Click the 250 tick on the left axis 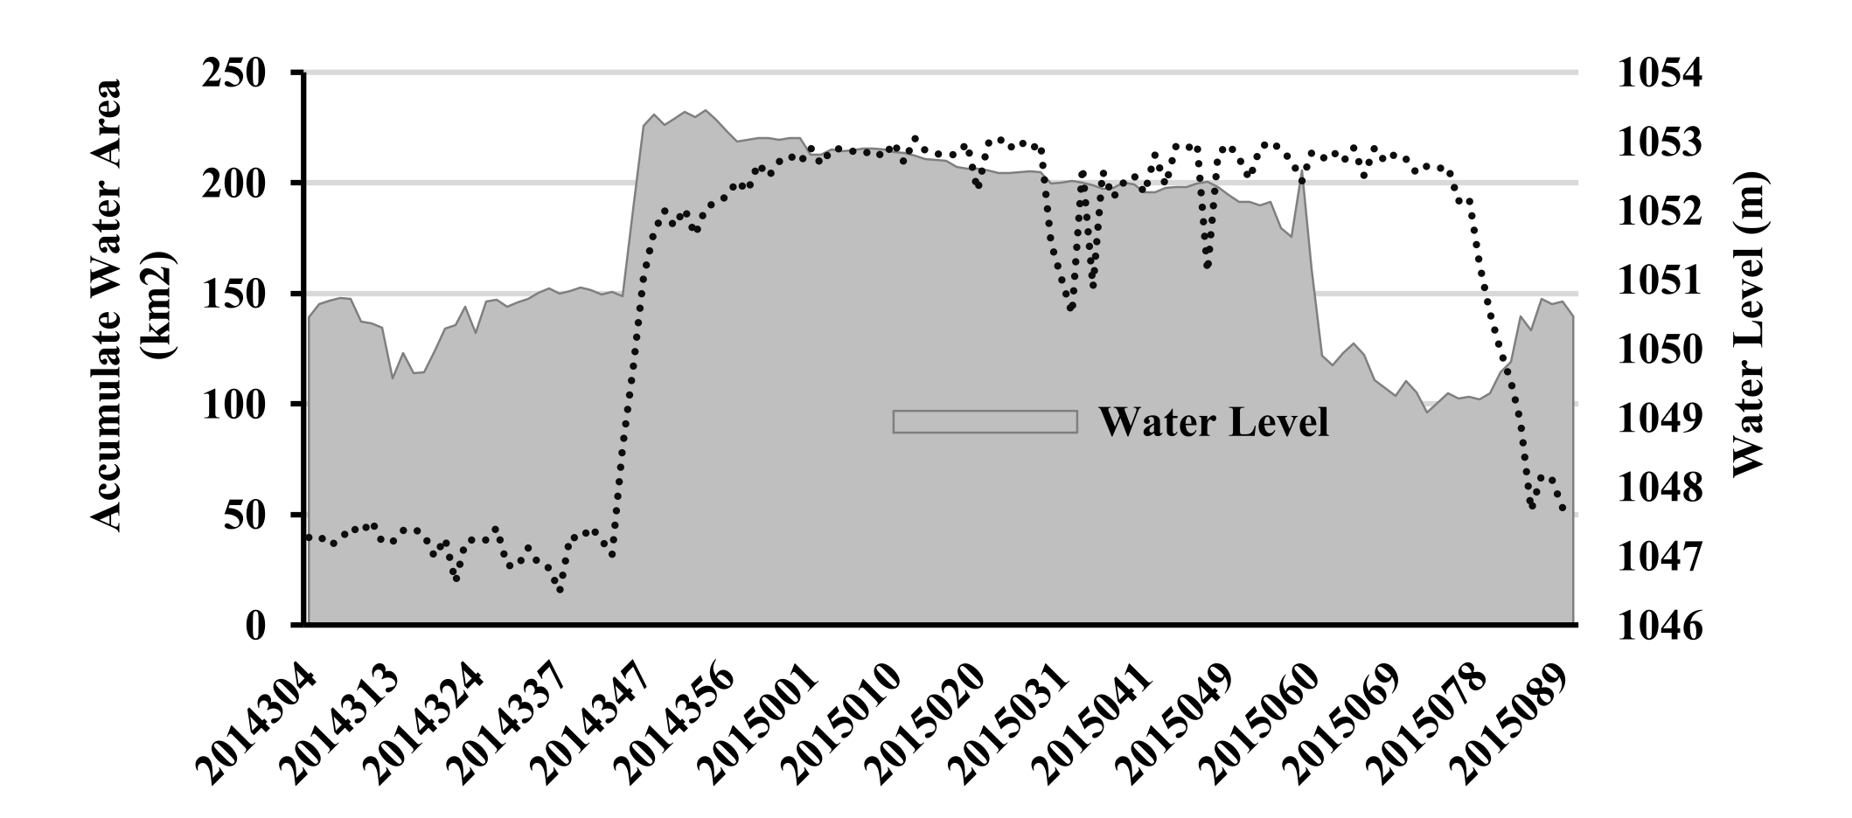coord(233,73)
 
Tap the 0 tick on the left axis coord(255,627)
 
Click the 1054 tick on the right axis coord(1659,73)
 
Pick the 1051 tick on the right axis coord(1659,281)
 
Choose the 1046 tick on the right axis coord(1659,627)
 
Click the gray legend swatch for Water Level coord(985,421)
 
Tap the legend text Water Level coord(1214,422)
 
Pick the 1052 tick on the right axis coord(1659,211)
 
